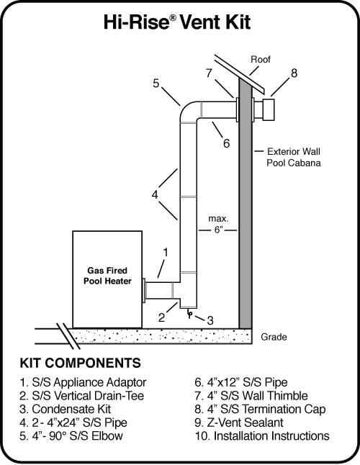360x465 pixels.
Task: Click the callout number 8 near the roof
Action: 294,73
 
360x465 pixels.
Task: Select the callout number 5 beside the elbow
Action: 156,83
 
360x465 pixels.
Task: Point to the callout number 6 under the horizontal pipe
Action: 226,143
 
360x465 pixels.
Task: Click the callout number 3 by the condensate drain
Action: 210,320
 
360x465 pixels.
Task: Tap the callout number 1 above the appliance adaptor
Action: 166,253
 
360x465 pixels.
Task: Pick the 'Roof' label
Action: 260,59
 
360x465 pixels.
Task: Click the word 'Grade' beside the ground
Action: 273,336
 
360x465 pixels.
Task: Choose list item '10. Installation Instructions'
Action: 262,435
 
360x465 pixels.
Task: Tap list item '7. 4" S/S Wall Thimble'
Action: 251,394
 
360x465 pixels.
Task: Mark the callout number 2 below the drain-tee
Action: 163,315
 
